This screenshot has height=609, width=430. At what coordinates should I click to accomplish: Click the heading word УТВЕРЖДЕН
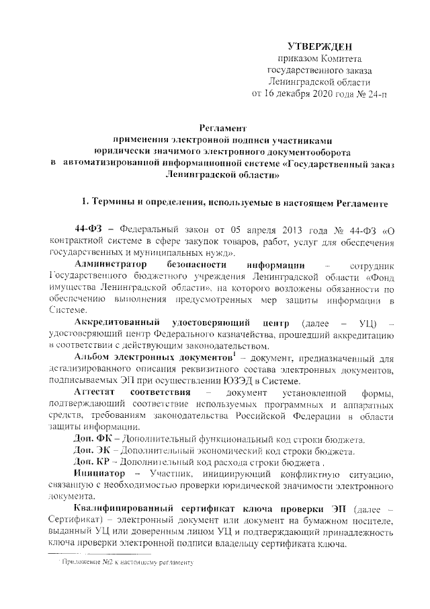point(319,46)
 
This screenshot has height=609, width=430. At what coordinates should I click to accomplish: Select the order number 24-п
point(374,93)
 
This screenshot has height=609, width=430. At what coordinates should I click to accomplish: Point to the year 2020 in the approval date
point(325,93)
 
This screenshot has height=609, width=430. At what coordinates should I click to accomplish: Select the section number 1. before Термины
point(85,202)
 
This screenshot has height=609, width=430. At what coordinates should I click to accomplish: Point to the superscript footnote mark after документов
point(233,353)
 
